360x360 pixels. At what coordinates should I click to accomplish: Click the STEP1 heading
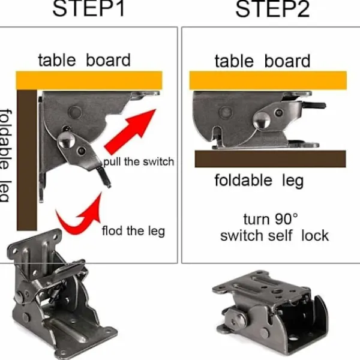coord(89,8)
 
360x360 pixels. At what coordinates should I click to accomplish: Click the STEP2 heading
coord(273,9)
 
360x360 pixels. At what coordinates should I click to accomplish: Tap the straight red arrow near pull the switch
coord(130,131)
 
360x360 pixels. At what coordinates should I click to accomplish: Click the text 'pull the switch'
coord(139,161)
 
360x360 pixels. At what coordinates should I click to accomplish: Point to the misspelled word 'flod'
coord(112,230)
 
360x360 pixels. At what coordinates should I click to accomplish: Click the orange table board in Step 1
coord(89,80)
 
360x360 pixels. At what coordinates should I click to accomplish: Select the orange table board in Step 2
coord(268,80)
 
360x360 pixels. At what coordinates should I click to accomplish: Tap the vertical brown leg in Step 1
coord(27,160)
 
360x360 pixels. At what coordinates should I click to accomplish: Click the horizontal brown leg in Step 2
coord(270,158)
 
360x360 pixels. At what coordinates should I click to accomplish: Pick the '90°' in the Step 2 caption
coord(286,219)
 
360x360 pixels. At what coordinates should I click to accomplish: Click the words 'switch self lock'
coord(274,236)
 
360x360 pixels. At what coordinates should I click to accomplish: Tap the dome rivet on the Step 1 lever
coord(66,140)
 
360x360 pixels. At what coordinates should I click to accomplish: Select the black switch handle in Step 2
coord(314,106)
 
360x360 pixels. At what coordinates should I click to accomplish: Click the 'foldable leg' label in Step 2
coord(259,181)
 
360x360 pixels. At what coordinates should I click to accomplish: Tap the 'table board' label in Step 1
coord(84,61)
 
